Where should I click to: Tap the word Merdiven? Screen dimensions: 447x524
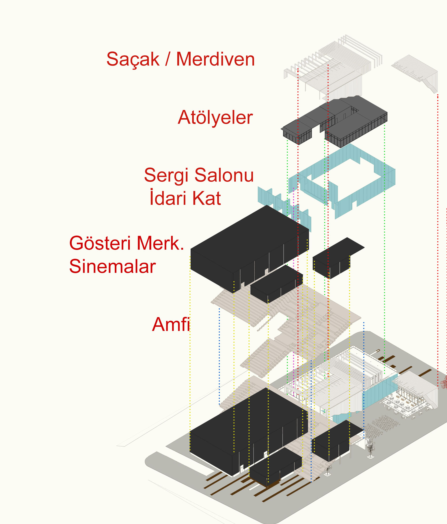(215, 59)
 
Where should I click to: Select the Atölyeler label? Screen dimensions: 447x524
(215, 117)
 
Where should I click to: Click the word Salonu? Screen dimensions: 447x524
(224, 175)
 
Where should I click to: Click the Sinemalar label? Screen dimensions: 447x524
(112, 266)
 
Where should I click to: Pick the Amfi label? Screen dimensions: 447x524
(171, 324)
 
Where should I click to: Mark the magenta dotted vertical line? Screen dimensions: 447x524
(294, 291)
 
